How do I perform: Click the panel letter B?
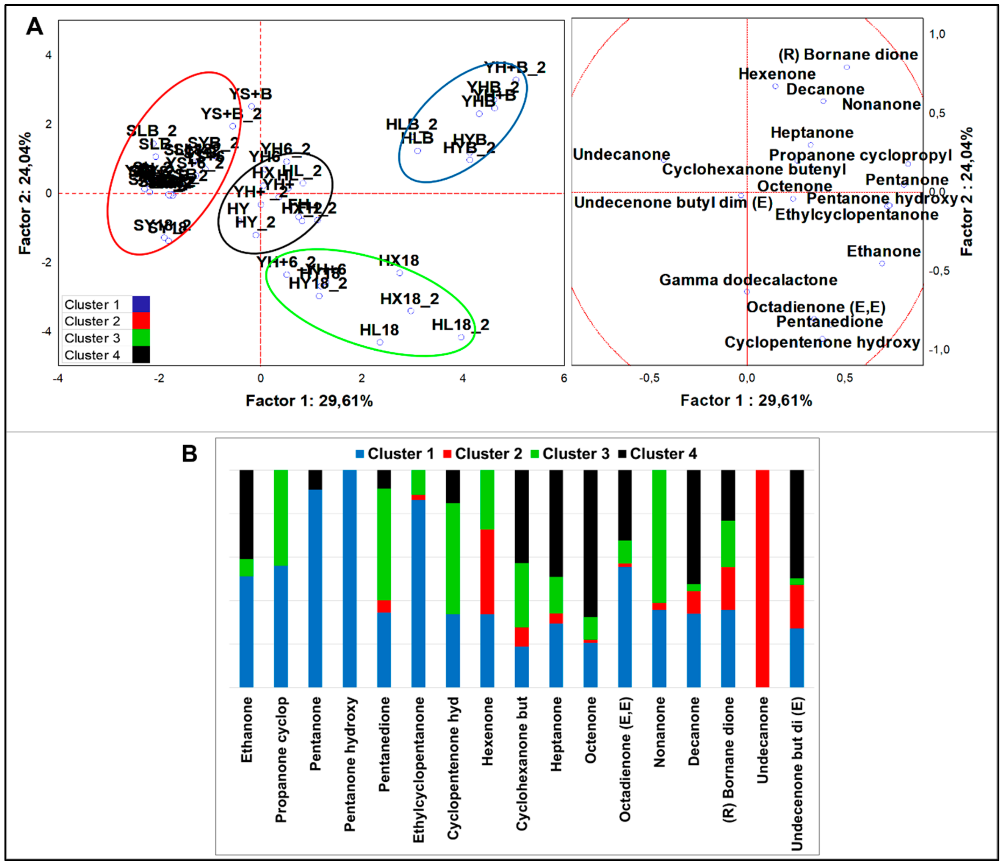coord(189,454)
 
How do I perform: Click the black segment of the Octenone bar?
coord(590,543)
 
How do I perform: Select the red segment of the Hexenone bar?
coord(487,572)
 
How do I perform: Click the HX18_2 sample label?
coord(409,299)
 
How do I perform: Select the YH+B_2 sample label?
coord(515,67)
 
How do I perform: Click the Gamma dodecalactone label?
coord(748,280)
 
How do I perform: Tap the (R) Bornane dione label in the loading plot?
coord(848,54)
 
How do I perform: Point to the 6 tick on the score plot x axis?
coord(564,378)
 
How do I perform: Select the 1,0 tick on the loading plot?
coord(937,34)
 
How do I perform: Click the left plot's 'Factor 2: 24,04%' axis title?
coord(25,193)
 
